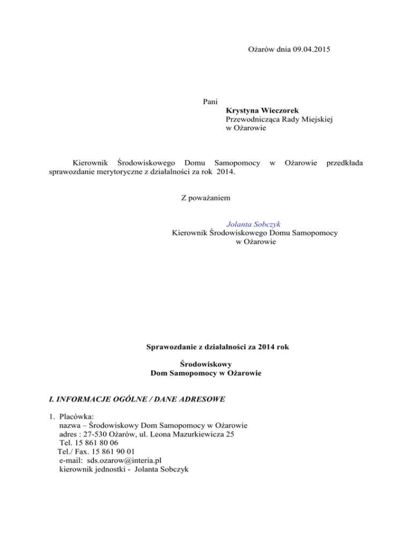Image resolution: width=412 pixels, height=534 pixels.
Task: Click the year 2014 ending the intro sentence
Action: pyautogui.click(x=225, y=171)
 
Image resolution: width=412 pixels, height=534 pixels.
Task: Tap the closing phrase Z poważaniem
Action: pyautogui.click(x=207, y=198)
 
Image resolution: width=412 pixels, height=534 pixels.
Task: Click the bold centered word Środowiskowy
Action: pyautogui.click(x=206, y=364)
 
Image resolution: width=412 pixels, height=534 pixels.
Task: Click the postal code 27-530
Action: pyautogui.click(x=92, y=434)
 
